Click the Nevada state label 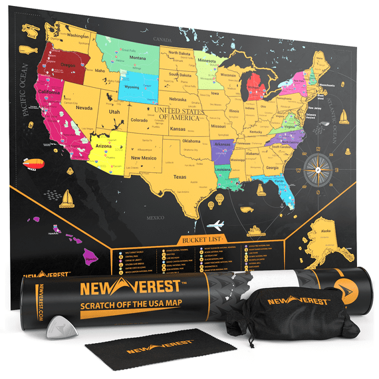tap(84, 106)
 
